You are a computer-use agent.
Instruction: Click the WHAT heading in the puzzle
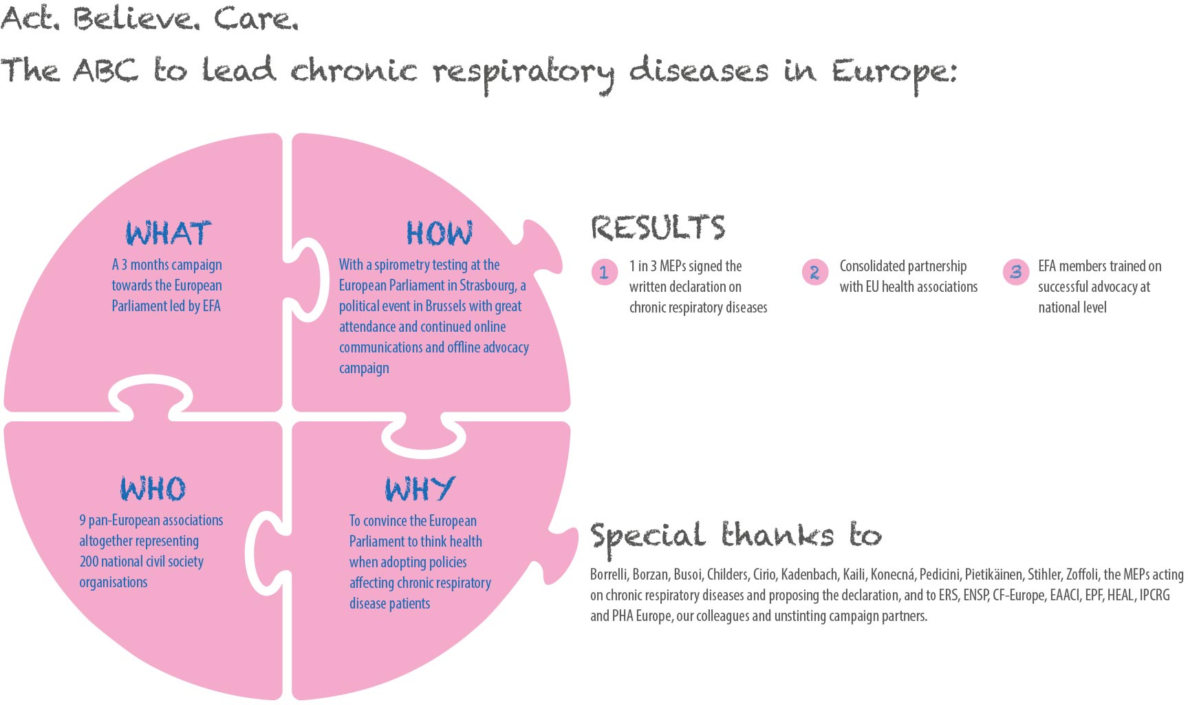[169, 233]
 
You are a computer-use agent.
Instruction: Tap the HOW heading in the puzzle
[440, 233]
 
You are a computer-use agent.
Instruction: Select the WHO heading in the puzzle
[153, 489]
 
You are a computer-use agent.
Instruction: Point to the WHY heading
[420, 489]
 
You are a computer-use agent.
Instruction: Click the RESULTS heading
[658, 228]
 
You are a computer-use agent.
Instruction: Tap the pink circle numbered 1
[605, 272]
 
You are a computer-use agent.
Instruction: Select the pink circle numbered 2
[814, 272]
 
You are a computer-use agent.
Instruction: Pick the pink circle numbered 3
[1015, 272]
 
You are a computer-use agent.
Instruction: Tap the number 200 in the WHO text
[89, 562]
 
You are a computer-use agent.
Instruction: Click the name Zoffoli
[1083, 574]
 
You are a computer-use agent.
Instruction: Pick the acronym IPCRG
[1154, 595]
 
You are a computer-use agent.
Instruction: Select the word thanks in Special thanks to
[777, 536]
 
